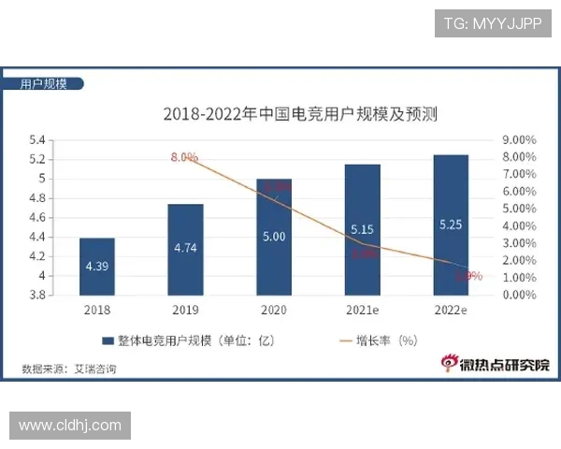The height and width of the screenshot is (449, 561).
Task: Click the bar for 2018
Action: click(x=96, y=266)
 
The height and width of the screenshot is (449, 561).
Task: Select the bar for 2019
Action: click(x=185, y=249)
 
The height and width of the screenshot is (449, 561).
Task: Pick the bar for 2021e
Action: click(x=362, y=229)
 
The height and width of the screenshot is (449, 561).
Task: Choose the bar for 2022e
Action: click(x=451, y=224)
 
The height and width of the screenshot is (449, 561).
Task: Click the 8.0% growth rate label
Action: click(x=184, y=157)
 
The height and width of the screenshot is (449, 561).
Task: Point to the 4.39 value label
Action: click(x=96, y=266)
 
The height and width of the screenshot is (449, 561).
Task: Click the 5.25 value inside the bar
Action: click(x=451, y=224)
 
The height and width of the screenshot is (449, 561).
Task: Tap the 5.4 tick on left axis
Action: click(x=37, y=140)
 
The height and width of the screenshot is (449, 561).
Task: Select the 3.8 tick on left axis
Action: click(x=37, y=295)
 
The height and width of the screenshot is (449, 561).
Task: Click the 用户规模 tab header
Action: click(x=44, y=84)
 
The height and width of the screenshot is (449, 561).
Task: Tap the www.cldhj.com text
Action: click(x=70, y=426)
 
